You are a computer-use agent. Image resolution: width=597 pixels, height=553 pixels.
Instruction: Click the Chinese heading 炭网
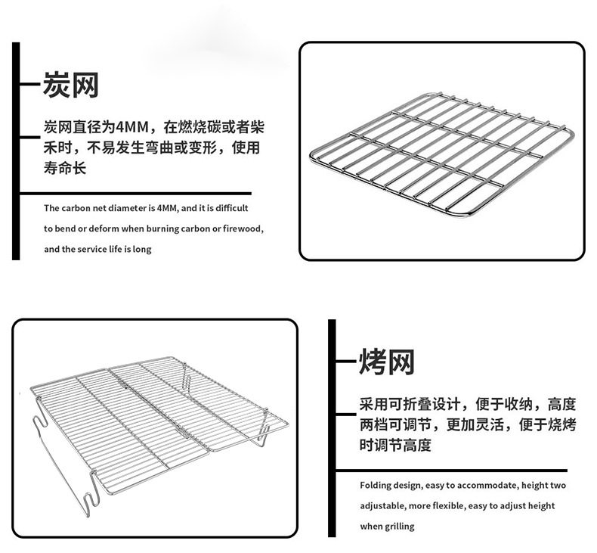71,85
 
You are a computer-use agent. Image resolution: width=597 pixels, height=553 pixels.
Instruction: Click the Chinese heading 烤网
387,362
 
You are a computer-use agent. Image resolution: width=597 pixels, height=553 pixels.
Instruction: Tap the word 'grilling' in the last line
399,527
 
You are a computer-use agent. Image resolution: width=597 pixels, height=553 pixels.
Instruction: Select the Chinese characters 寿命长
65,168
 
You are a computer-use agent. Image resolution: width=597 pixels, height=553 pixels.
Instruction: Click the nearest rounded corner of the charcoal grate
469,213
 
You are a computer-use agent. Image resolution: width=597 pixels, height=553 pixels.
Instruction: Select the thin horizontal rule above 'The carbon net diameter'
135,194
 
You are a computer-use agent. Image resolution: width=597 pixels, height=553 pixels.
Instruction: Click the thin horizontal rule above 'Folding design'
452,471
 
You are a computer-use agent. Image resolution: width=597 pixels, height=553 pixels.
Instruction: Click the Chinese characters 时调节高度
395,445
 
